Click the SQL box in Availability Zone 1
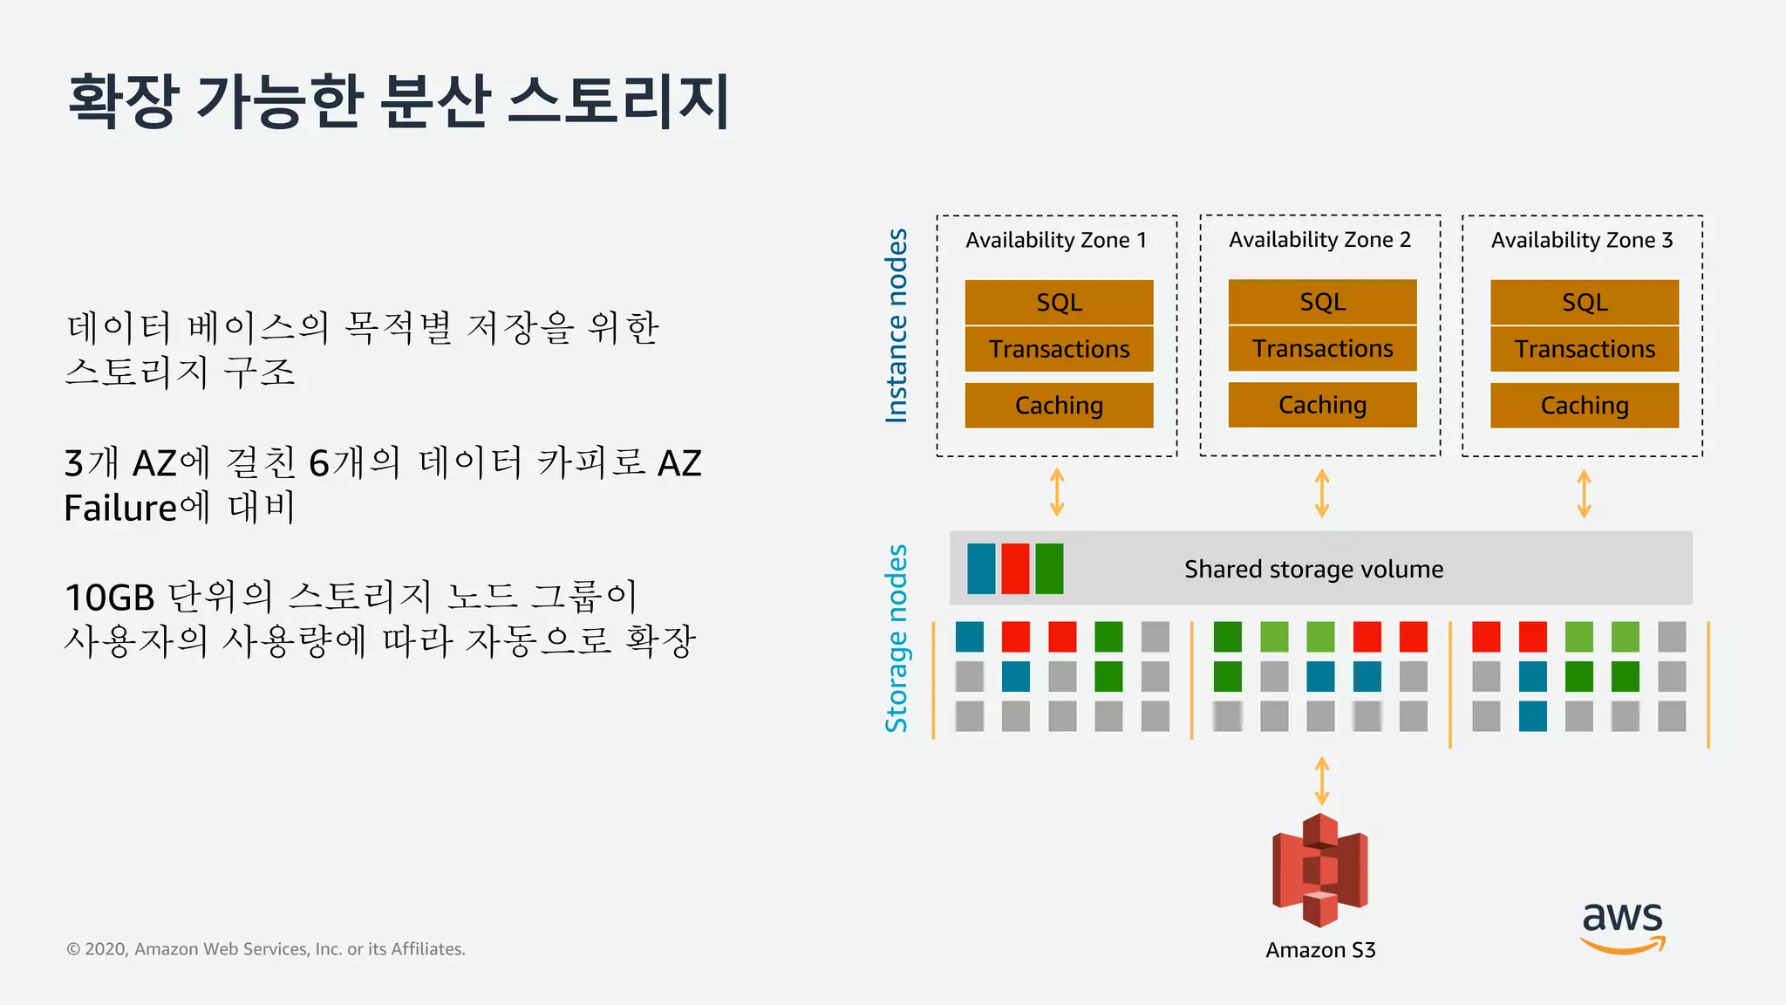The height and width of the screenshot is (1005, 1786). pos(1059,302)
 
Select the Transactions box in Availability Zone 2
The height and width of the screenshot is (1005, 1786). pos(1322,348)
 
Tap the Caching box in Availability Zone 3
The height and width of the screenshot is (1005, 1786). pos(1584,405)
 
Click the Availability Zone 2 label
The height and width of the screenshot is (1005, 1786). pos(1319,240)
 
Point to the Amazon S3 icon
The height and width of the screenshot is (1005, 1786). pos(1320,870)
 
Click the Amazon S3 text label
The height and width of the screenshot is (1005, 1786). pos(1320,950)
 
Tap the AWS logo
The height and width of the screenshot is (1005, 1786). pos(1622,926)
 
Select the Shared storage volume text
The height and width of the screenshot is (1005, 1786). pos(1313,569)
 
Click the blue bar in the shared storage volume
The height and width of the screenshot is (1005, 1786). pos(981,569)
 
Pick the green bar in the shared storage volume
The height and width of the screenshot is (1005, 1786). pos(1049,569)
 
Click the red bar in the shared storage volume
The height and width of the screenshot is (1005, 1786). pos(1015,569)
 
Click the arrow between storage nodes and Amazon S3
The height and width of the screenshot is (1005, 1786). pos(1321,780)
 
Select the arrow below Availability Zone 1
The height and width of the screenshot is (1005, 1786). pos(1057,493)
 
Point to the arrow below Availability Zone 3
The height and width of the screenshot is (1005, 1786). pos(1584,494)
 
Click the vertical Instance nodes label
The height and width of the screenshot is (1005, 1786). pos(896,326)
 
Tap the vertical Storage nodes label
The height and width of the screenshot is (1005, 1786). pos(896,639)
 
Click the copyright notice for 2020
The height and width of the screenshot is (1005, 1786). pos(266,949)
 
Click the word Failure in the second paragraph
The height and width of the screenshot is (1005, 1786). pos(120,508)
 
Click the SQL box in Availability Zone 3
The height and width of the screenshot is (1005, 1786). pos(1584,302)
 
